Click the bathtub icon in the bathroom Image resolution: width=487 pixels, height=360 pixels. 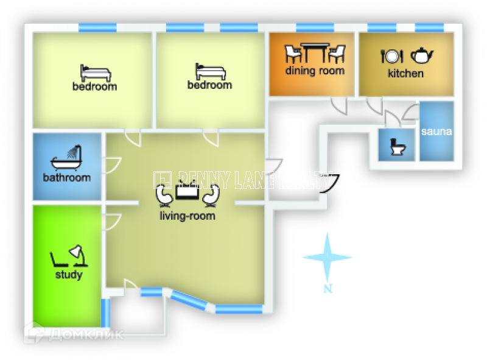pyautogui.click(x=66, y=158)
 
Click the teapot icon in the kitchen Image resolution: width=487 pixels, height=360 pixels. pyautogui.click(x=421, y=56)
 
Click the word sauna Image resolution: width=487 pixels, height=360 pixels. pyautogui.click(x=436, y=131)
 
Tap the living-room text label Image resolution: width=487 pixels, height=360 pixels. pyautogui.click(x=187, y=216)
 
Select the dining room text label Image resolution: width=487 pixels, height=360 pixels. pyautogui.click(x=315, y=71)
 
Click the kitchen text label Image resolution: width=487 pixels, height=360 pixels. pyautogui.click(x=405, y=74)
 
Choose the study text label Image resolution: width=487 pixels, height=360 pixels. pyautogui.click(x=68, y=275)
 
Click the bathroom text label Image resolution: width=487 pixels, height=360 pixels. pyautogui.click(x=66, y=178)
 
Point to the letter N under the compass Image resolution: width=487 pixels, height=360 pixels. pyautogui.click(x=328, y=289)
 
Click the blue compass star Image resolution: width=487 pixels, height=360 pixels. pyautogui.click(x=328, y=258)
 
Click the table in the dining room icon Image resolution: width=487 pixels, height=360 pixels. pyautogui.click(x=315, y=52)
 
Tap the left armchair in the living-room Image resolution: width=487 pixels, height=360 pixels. pyautogui.click(x=164, y=195)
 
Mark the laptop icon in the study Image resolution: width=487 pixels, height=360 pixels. pyautogui.click(x=59, y=261)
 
